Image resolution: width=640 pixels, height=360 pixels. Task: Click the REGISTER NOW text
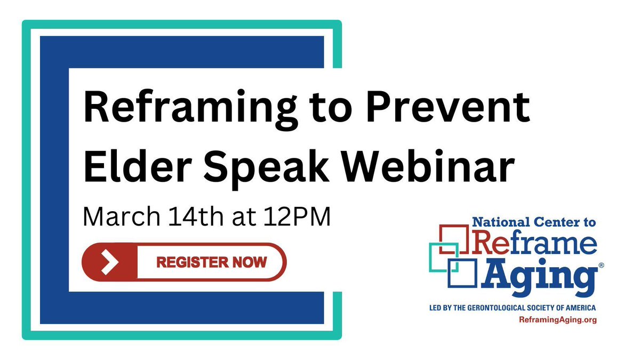tap(211, 262)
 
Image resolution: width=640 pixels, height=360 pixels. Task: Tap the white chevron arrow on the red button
tap(109, 261)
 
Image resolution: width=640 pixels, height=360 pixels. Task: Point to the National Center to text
tap(534, 221)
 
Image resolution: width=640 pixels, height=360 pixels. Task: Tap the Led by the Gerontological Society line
tap(512, 308)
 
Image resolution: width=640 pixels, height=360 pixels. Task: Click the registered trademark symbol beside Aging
tap(601, 265)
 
